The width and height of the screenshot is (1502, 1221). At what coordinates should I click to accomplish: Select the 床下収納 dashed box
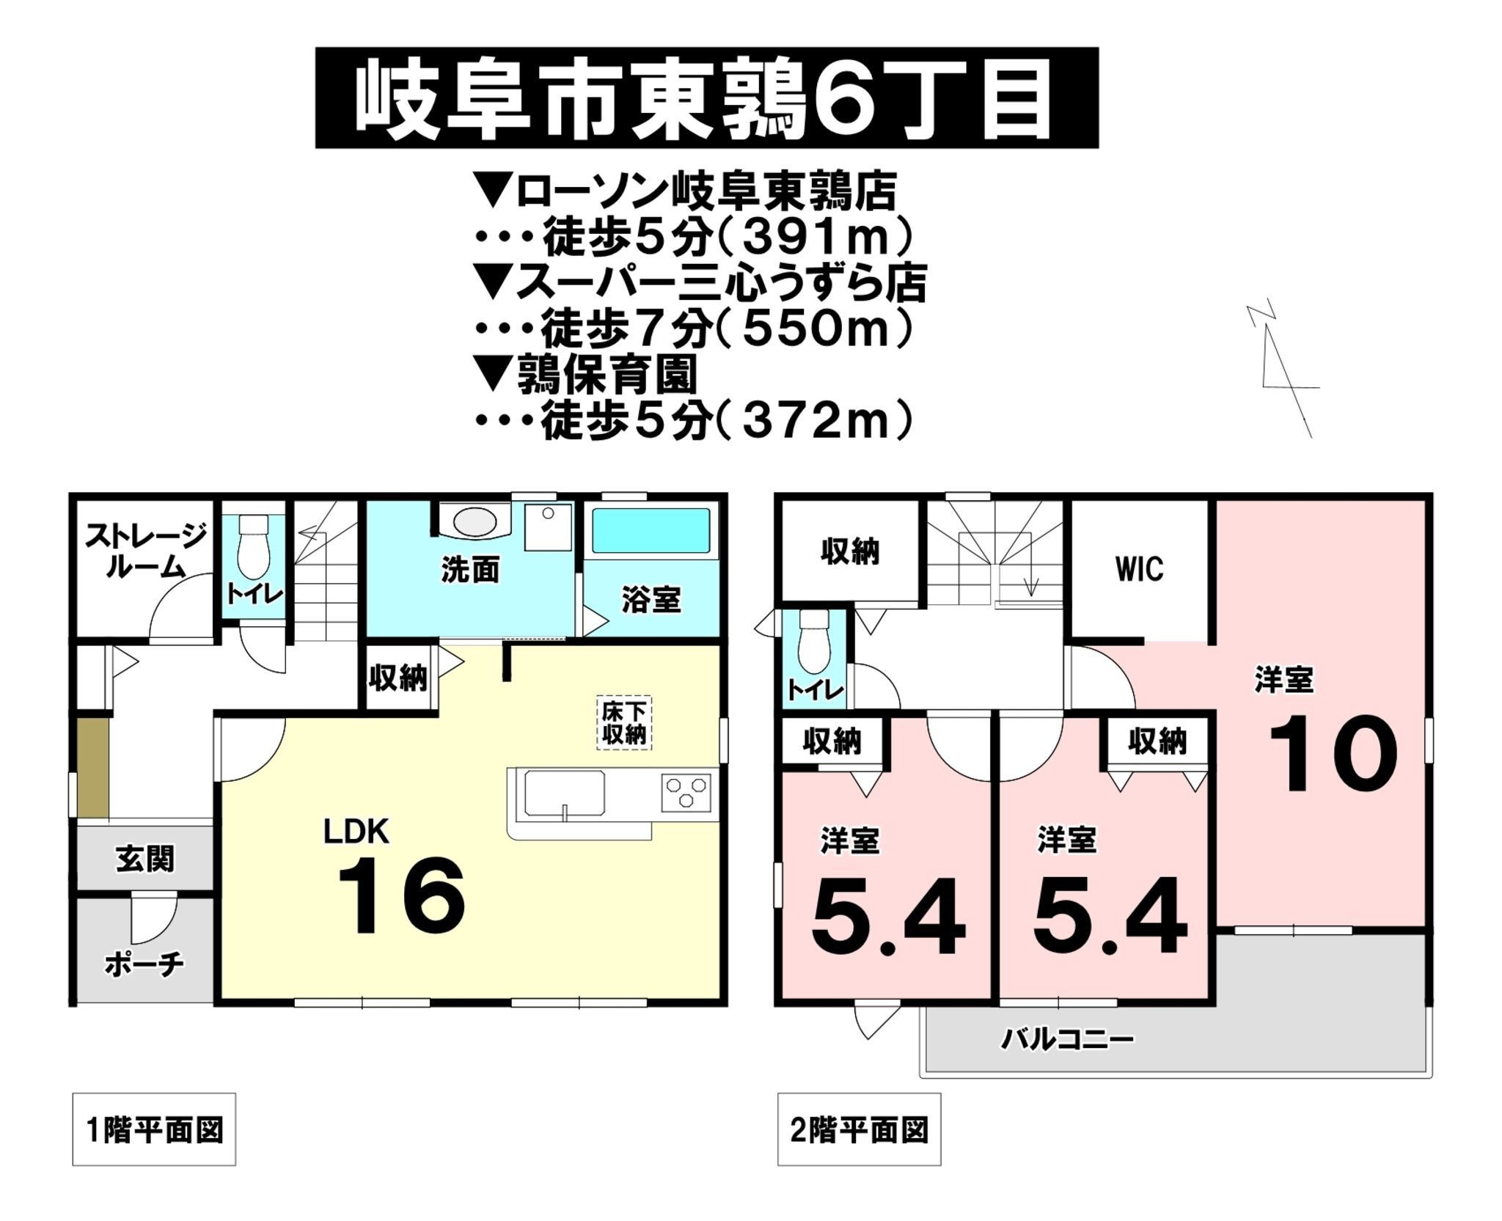point(623,722)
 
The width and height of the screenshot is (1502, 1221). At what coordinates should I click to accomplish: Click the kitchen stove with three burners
point(686,793)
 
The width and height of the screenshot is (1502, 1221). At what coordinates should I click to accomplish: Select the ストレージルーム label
point(145,551)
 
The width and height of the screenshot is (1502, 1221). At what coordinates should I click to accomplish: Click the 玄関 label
point(145,859)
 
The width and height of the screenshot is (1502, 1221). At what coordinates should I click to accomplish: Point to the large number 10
point(1333,756)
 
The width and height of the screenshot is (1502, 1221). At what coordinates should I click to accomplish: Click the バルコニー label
point(1067,1039)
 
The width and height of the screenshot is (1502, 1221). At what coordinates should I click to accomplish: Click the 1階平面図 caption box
point(154,1129)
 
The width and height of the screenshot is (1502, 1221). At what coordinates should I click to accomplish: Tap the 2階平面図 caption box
point(859,1129)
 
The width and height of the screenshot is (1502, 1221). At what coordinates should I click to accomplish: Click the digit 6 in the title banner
point(843,101)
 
